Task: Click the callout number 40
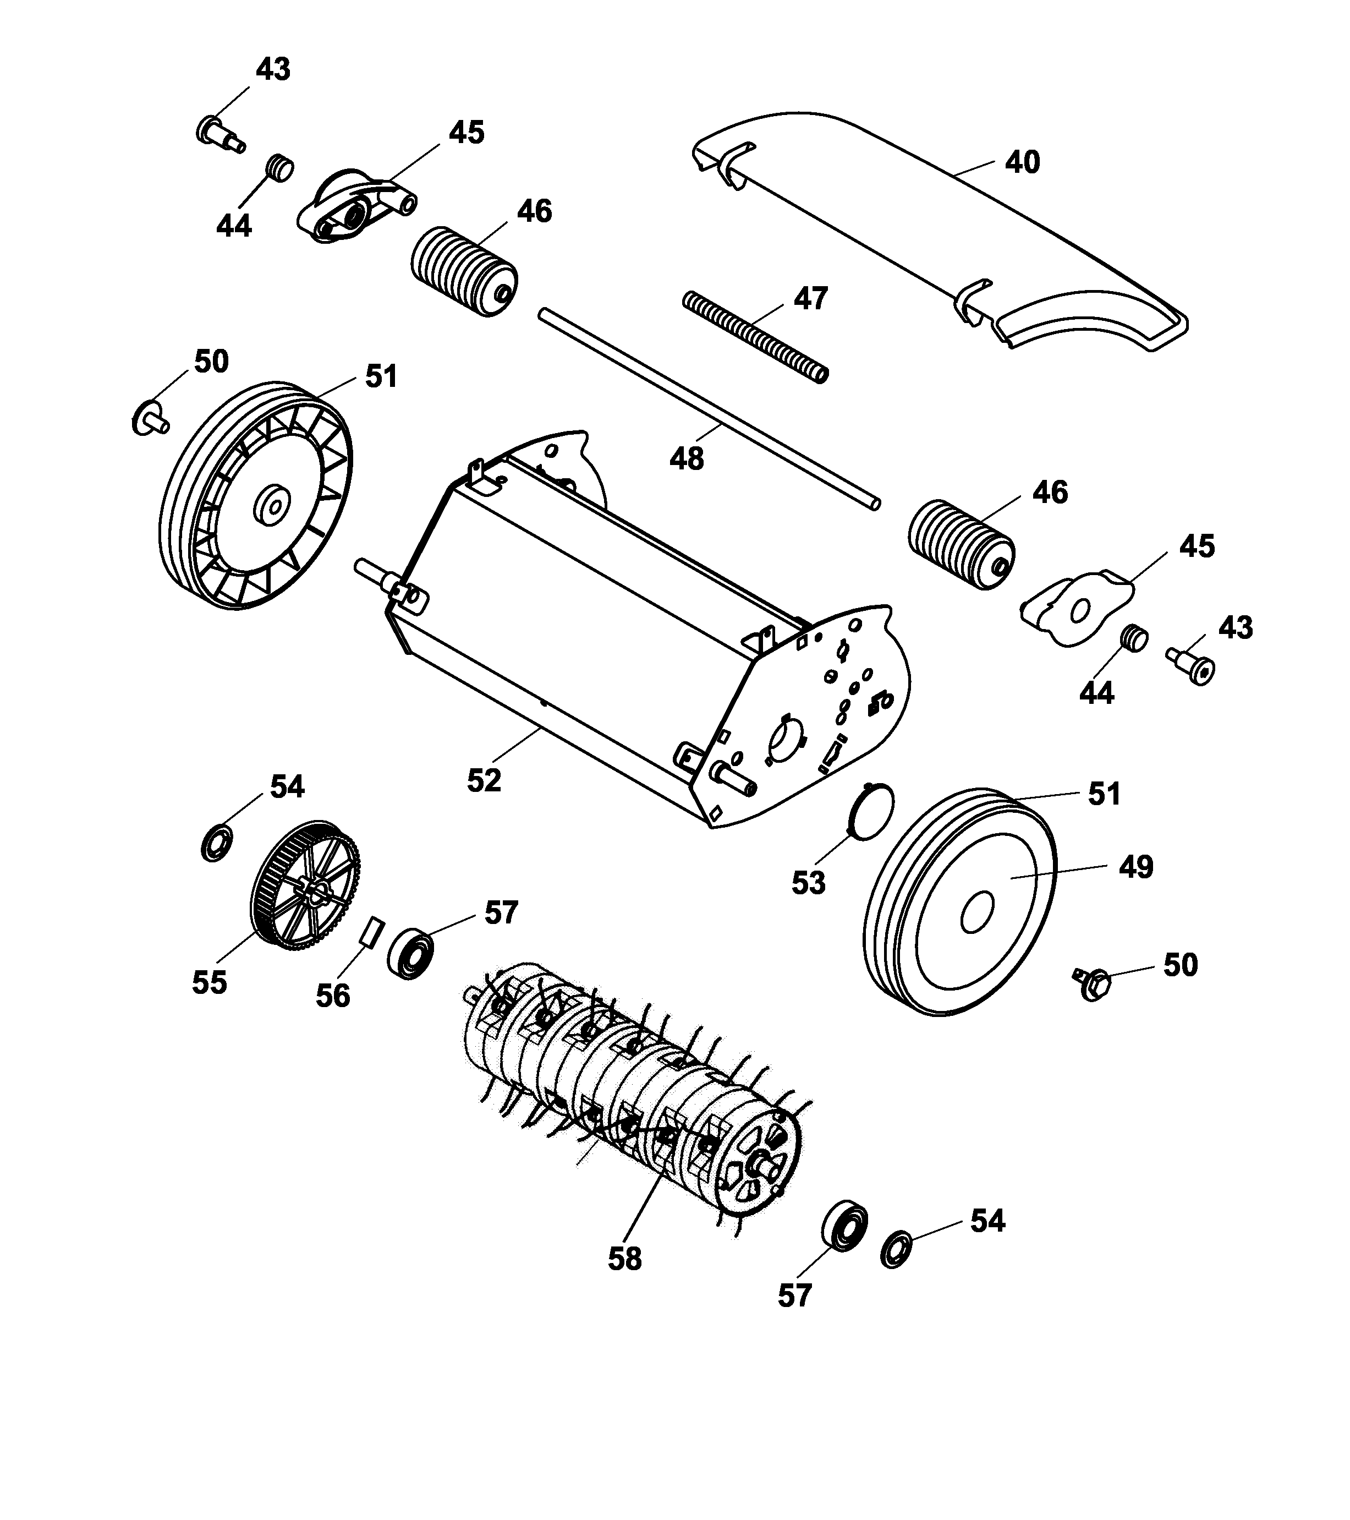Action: (1022, 162)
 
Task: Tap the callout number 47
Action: (810, 298)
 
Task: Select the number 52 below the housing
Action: (484, 780)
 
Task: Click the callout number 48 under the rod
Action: (686, 459)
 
